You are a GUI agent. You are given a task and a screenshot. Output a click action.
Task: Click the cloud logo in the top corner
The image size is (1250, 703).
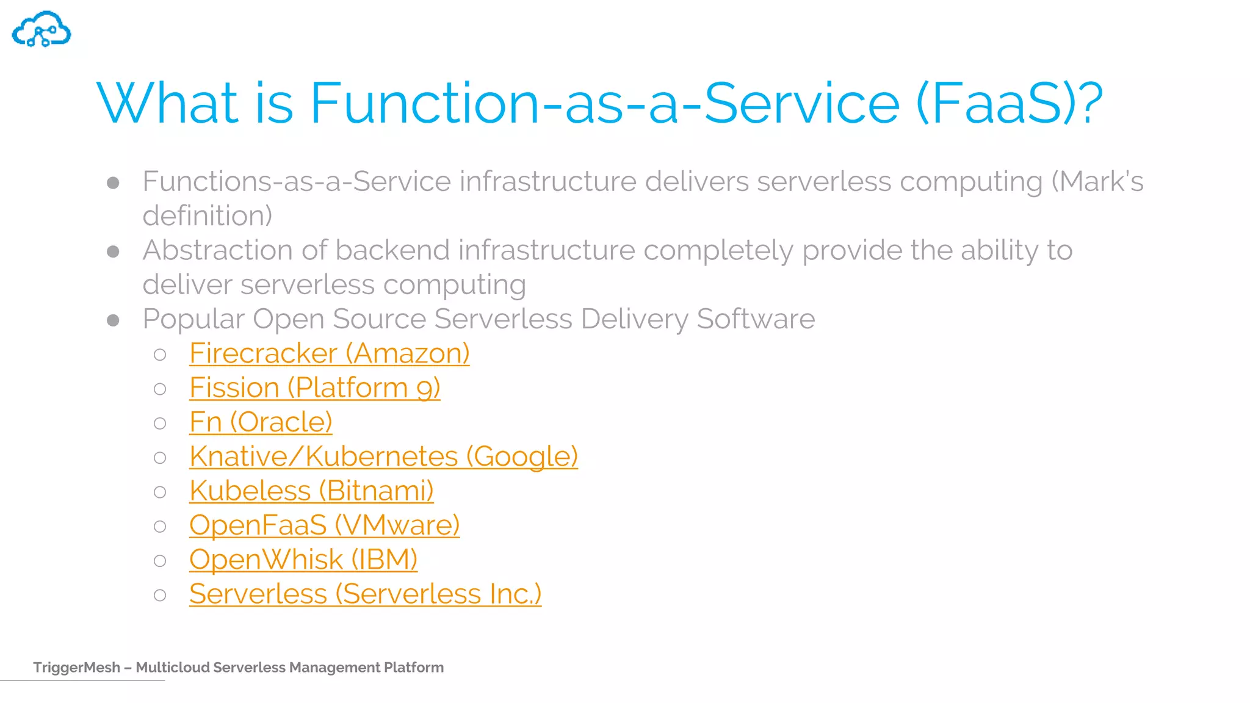pyautogui.click(x=42, y=29)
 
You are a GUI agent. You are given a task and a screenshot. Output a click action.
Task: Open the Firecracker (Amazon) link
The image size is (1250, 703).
pyautogui.click(x=329, y=353)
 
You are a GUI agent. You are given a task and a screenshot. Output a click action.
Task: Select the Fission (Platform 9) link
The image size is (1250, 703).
pyautogui.click(x=314, y=388)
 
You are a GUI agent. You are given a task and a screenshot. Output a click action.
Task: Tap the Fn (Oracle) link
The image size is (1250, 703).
pyautogui.click(x=261, y=422)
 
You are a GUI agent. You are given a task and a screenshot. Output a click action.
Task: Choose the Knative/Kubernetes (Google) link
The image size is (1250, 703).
pyautogui.click(x=383, y=456)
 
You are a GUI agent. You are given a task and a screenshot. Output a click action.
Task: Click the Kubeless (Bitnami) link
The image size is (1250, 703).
pyautogui.click(x=311, y=491)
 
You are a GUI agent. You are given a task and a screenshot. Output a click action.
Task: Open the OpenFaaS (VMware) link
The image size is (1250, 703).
pyautogui.click(x=324, y=525)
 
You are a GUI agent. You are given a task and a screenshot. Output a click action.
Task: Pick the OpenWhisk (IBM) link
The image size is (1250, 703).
pyautogui.click(x=303, y=560)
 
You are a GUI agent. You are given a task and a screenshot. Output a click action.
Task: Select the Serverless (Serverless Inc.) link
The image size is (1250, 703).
pyautogui.click(x=365, y=594)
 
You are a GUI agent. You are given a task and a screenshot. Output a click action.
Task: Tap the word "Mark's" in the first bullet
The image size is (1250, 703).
pyautogui.click(x=1101, y=181)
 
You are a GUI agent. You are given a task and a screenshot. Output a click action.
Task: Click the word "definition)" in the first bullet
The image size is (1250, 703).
pyautogui.click(x=208, y=215)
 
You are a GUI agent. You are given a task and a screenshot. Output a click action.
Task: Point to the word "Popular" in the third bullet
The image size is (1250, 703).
pyautogui.click(x=193, y=319)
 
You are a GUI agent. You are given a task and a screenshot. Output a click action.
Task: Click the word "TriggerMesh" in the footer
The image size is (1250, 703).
pyautogui.click(x=76, y=668)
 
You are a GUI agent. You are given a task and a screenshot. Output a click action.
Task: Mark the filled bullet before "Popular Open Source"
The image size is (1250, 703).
pyautogui.click(x=113, y=320)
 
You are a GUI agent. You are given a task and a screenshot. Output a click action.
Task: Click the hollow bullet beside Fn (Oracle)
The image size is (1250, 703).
pyautogui.click(x=160, y=424)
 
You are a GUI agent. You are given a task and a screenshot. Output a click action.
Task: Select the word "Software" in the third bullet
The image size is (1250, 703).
pyautogui.click(x=756, y=319)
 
